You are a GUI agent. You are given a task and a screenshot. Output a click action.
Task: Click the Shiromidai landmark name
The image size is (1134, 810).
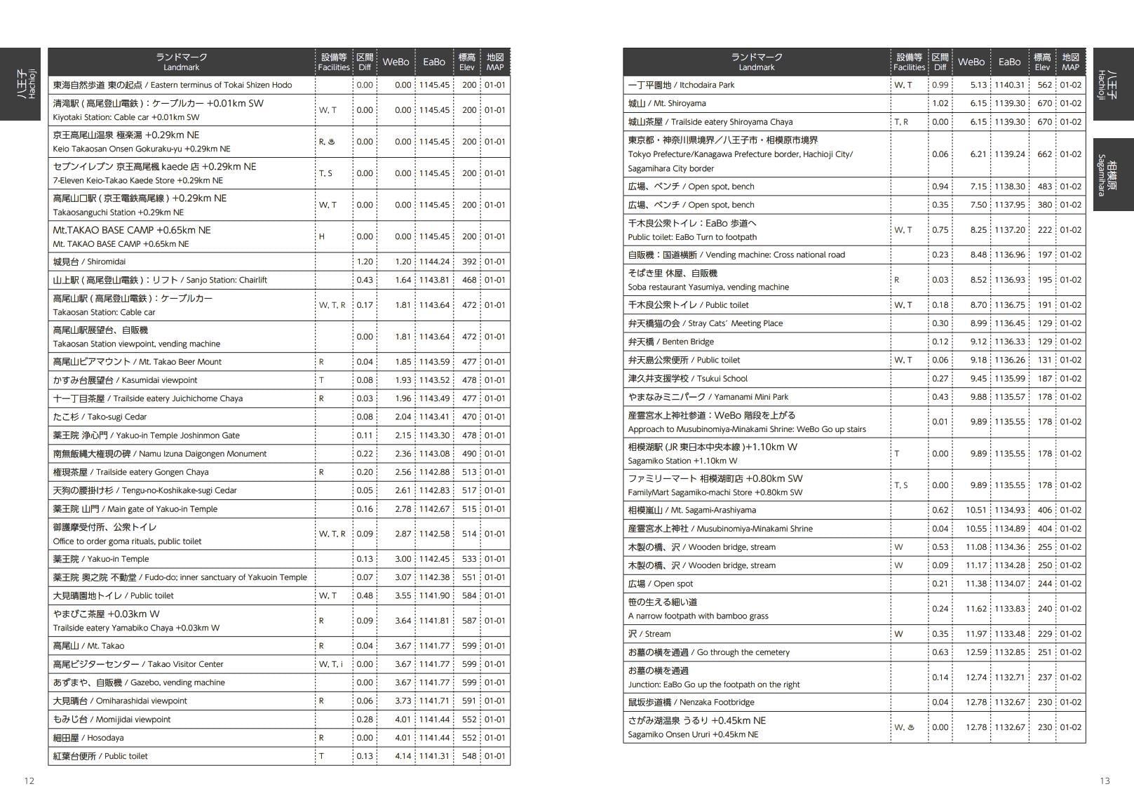click(89, 262)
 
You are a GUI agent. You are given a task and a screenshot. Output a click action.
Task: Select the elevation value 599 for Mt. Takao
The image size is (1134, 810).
click(469, 646)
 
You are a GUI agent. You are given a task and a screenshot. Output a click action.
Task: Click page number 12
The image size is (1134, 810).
click(29, 781)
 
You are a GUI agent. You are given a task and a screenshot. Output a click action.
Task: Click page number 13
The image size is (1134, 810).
click(1105, 781)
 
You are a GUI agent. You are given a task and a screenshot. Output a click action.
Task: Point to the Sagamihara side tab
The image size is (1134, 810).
click(1113, 175)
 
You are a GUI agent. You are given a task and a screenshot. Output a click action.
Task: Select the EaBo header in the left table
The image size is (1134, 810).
click(433, 62)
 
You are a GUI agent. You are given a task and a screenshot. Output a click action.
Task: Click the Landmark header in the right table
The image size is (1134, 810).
click(756, 62)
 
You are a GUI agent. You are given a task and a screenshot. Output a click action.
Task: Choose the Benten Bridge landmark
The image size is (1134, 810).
click(670, 342)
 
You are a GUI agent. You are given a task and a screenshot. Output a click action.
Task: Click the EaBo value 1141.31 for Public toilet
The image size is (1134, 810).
click(434, 756)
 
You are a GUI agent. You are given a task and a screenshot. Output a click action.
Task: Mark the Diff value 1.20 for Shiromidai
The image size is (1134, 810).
click(365, 262)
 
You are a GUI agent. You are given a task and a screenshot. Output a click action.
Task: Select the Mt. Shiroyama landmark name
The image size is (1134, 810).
click(667, 103)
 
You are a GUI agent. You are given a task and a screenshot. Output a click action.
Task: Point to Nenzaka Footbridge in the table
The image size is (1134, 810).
click(691, 702)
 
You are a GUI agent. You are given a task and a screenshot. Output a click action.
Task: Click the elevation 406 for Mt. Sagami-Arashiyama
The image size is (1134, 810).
click(1045, 510)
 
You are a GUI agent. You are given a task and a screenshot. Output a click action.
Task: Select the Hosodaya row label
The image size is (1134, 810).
click(88, 738)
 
